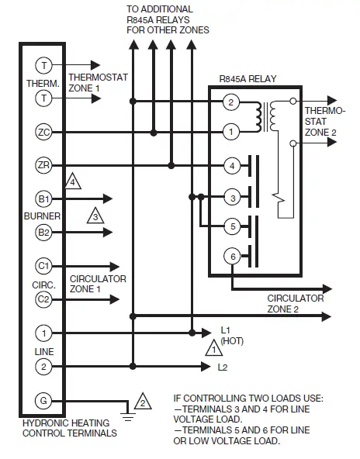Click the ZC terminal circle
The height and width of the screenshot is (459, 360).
43,133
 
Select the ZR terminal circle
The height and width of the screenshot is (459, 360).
43,165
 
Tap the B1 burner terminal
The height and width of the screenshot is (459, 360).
43,198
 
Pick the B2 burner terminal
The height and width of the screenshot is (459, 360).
43,231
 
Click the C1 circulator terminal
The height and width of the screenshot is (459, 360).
43,266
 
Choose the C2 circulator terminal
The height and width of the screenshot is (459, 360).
43,299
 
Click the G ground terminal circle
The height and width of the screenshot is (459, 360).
43,400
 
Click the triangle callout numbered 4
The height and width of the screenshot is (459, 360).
73,181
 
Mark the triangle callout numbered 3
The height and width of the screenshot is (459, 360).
95,216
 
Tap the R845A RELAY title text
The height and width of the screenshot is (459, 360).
249,78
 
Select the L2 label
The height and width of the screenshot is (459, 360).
223,366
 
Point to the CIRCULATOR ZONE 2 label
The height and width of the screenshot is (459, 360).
296,302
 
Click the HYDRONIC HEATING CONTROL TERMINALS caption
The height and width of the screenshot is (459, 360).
70,429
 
